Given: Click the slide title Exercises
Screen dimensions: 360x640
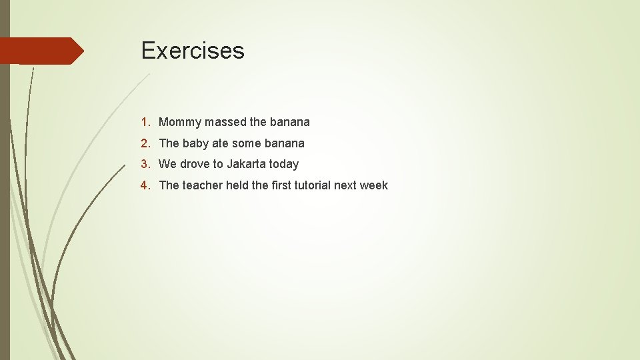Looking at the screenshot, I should pyautogui.click(x=193, y=51).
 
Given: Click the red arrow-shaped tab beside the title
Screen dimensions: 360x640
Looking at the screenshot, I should pyautogui.click(x=41, y=51).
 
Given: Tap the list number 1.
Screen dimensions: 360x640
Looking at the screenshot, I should pyautogui.click(x=145, y=122).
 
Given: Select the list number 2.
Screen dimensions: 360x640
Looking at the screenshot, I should pyautogui.click(x=145, y=143).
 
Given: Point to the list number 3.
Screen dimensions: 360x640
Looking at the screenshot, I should pyautogui.click(x=145, y=164).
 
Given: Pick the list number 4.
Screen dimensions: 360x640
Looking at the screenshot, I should pyautogui.click(x=145, y=185).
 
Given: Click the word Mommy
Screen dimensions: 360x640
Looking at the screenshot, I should pyautogui.click(x=180, y=123).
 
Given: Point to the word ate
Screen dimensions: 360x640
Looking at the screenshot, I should pyautogui.click(x=220, y=143).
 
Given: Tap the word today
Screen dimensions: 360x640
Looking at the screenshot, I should pyautogui.click(x=284, y=164).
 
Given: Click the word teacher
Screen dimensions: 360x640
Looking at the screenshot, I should pyautogui.click(x=202, y=185).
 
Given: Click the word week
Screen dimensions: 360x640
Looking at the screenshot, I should pyautogui.click(x=374, y=185).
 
